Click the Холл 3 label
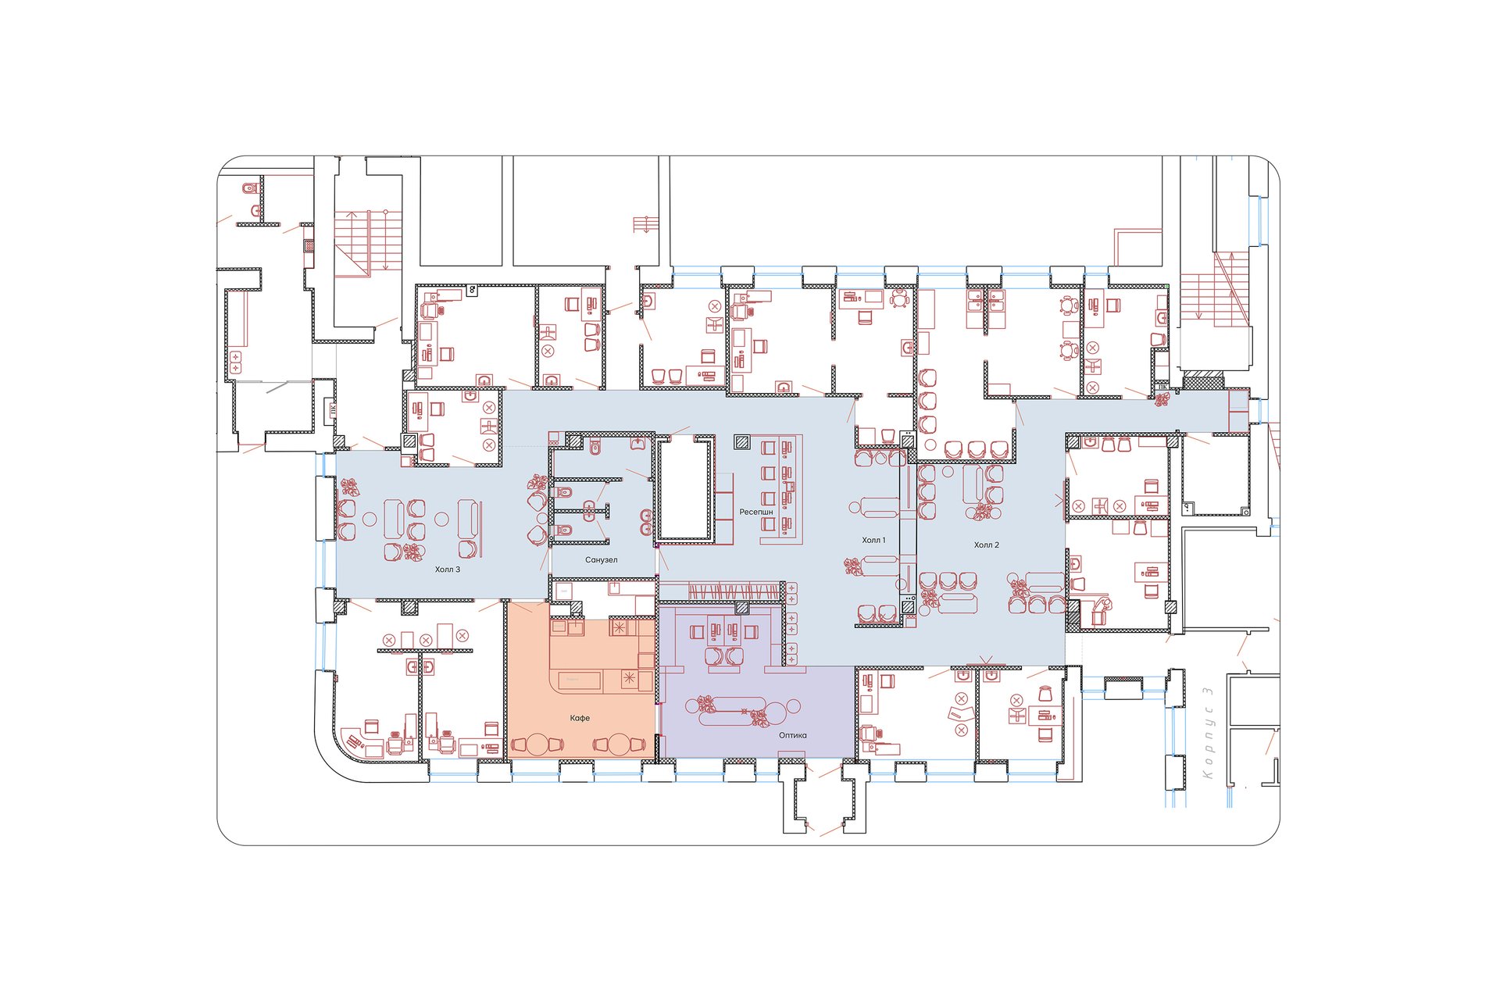click(448, 570)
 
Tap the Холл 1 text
click(873, 540)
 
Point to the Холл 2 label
click(986, 545)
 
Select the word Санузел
click(601, 560)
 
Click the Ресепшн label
click(756, 512)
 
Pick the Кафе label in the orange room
click(580, 718)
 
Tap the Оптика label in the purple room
click(792, 735)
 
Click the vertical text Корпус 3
click(1208, 733)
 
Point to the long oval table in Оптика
click(734, 710)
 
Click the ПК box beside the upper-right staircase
click(1162, 386)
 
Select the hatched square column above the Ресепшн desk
click(741, 442)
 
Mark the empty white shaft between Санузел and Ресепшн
click(685, 489)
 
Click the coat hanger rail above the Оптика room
click(720, 591)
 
